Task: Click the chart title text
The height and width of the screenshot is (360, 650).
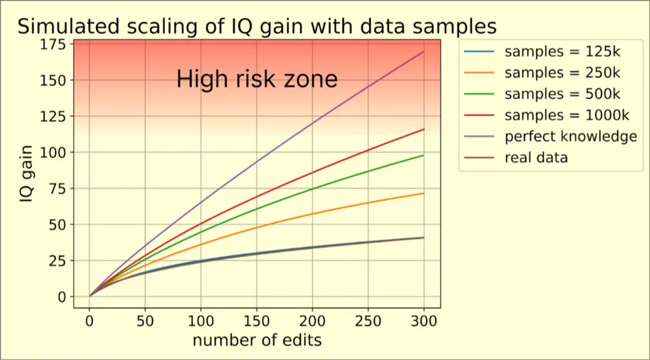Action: click(258, 26)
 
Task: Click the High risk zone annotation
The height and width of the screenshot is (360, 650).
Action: click(257, 79)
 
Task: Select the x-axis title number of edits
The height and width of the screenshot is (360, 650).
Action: click(257, 340)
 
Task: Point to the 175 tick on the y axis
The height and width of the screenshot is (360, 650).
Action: click(53, 44)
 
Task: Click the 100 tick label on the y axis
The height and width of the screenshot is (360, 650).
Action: click(53, 152)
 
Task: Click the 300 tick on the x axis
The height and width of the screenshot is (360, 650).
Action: click(423, 322)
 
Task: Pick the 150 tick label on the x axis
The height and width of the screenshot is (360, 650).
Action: click(256, 322)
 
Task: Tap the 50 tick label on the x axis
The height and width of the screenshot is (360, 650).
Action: click(145, 322)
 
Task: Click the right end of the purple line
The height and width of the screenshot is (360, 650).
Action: click(423, 52)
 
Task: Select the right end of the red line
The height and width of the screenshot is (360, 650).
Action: click(423, 129)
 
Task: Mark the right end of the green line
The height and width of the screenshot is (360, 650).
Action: click(423, 155)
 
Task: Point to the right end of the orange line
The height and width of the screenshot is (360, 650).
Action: click(423, 193)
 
